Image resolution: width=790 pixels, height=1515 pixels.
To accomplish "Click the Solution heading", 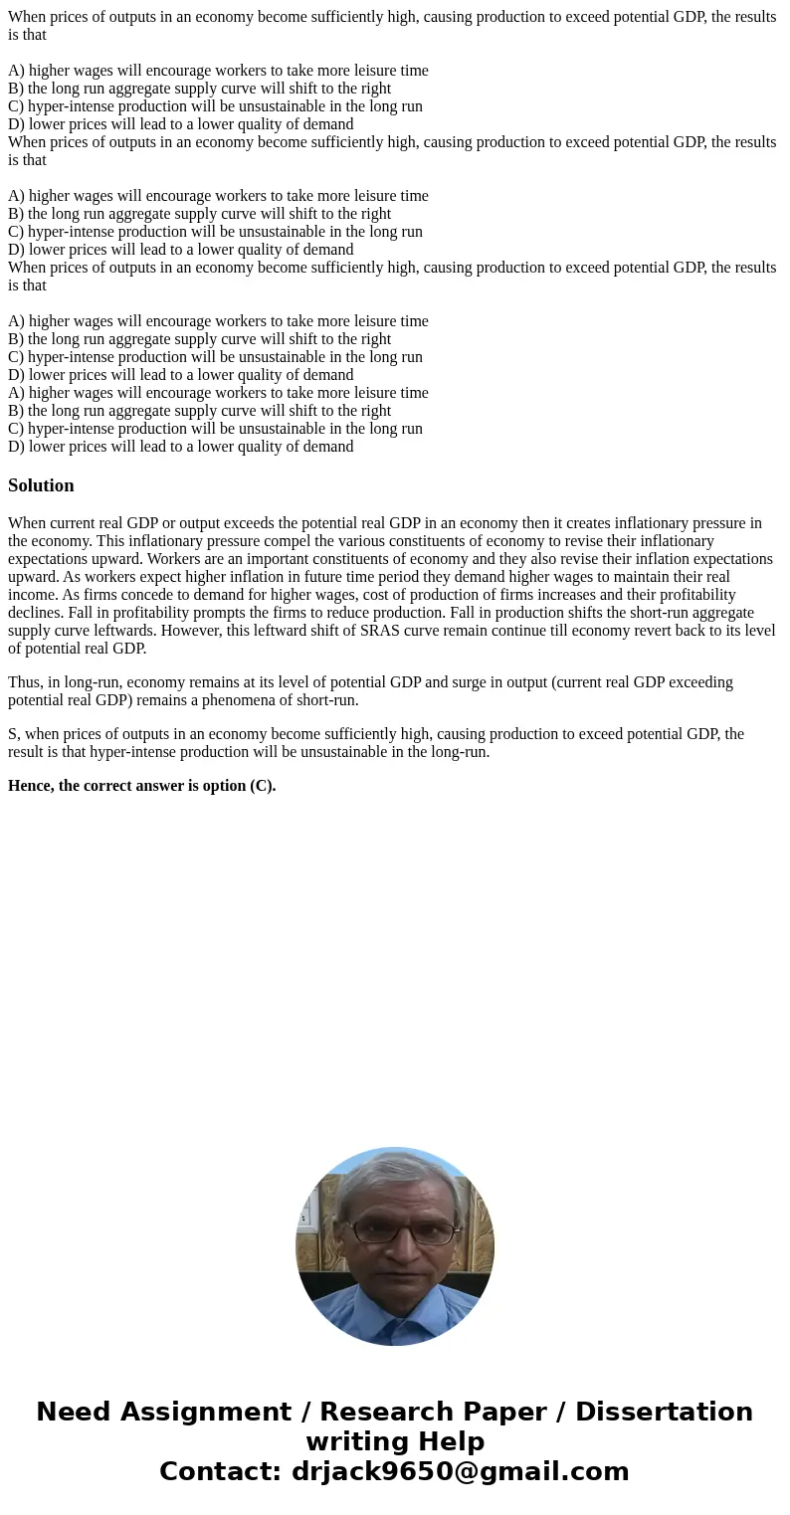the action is pyautogui.click(x=41, y=485).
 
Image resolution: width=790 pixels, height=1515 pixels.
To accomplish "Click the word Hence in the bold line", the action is pyautogui.click(x=31, y=786).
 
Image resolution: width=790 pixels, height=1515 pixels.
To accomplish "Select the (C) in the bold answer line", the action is pyautogui.click(x=262, y=786).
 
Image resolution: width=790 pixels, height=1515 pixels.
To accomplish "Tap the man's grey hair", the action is pyautogui.click(x=395, y=1179).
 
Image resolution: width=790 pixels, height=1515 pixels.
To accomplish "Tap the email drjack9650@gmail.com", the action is pyautogui.click(x=460, y=1472).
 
